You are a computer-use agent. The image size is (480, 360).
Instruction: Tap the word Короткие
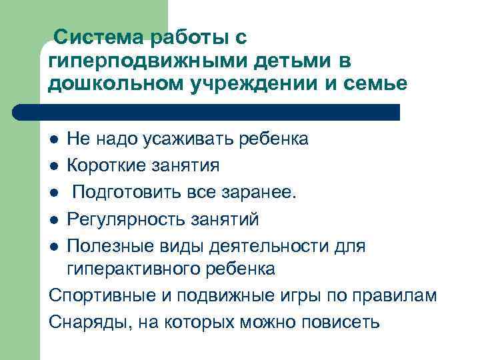[x=107, y=165]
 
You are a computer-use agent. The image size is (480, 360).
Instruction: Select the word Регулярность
[x=127, y=219]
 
